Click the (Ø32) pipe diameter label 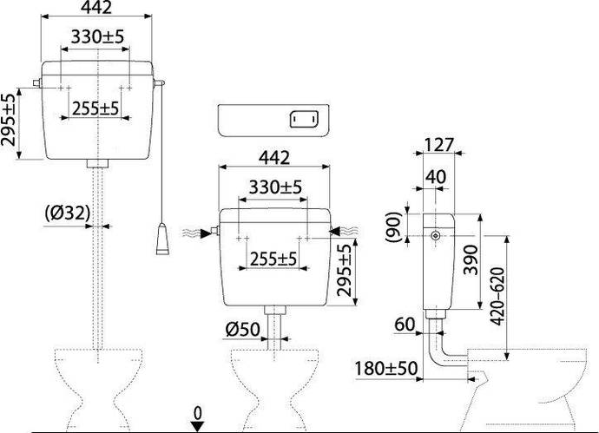(x=68, y=213)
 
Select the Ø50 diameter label (x=242, y=329)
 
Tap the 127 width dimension (x=439, y=145)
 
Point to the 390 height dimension (x=471, y=259)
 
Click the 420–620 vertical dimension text (x=497, y=296)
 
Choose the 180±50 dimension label (x=386, y=369)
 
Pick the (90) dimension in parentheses (x=394, y=226)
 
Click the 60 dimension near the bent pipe (x=405, y=325)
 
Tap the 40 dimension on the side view (x=436, y=177)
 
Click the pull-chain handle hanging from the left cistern (x=162, y=239)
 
